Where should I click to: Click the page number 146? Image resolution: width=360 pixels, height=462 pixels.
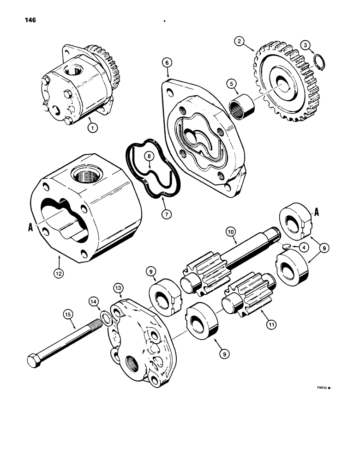pos(29,20)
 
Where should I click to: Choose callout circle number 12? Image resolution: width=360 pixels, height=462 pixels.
pos(59,273)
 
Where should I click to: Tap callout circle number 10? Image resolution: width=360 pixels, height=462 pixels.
pos(231,230)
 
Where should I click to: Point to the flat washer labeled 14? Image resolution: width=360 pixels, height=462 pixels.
pos(105,319)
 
